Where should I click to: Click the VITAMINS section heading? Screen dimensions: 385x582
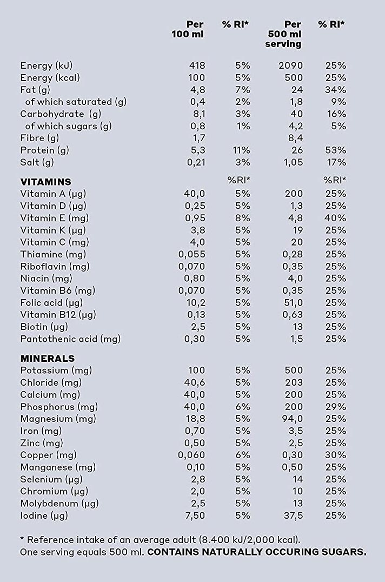[x=45, y=182]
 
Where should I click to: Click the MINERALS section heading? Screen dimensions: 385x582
[x=48, y=359]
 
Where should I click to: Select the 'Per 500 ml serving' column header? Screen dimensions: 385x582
[x=283, y=34]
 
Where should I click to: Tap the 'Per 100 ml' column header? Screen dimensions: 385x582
[x=188, y=29]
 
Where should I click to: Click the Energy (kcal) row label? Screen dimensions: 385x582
[x=50, y=78]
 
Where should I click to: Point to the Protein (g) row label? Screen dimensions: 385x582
[x=44, y=150]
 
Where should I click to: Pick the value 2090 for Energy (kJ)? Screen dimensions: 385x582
[x=291, y=65]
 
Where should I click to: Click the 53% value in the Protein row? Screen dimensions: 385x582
[x=335, y=150]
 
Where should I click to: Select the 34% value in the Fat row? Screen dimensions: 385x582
[x=335, y=90]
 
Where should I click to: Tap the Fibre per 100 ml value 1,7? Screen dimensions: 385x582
[x=199, y=138]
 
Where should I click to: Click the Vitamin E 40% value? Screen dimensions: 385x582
[x=335, y=218]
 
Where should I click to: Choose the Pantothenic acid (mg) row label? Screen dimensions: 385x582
[x=70, y=339]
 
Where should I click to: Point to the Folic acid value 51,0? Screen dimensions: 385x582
[x=294, y=303]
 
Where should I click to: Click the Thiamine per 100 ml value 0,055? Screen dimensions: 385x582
[x=192, y=254]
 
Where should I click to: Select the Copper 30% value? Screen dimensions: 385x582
[x=335, y=455]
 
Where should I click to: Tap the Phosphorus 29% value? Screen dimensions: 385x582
[x=335, y=407]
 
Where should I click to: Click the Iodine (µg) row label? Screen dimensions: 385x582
[x=44, y=516]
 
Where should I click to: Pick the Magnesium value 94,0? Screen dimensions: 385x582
[x=293, y=419]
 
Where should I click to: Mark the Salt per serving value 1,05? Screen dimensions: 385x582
[x=294, y=163]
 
